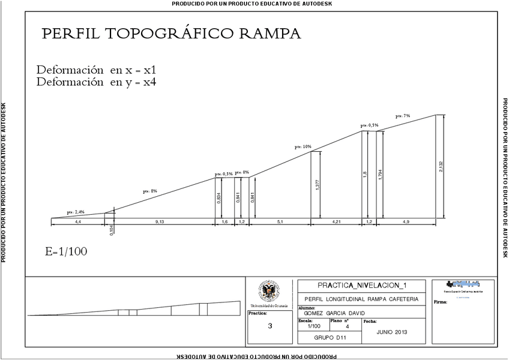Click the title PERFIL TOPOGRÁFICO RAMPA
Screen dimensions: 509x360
171,34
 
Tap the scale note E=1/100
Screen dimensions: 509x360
66,251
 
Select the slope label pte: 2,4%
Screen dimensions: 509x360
76,212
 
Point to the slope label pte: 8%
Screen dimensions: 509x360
149,191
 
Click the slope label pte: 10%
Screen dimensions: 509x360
303,146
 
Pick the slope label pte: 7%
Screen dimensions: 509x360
403,116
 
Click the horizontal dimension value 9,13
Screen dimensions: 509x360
160,222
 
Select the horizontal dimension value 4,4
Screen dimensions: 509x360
77,222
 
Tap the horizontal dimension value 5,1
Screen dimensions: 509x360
280,222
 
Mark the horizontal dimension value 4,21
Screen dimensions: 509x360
337,222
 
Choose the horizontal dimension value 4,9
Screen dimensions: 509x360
406,222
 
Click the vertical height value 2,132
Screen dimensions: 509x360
441,167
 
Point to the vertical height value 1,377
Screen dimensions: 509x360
317,185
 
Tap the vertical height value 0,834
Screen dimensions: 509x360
218,197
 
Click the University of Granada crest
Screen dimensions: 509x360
268,292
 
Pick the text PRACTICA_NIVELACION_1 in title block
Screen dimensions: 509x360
361,286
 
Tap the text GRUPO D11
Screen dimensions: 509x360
330,338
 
